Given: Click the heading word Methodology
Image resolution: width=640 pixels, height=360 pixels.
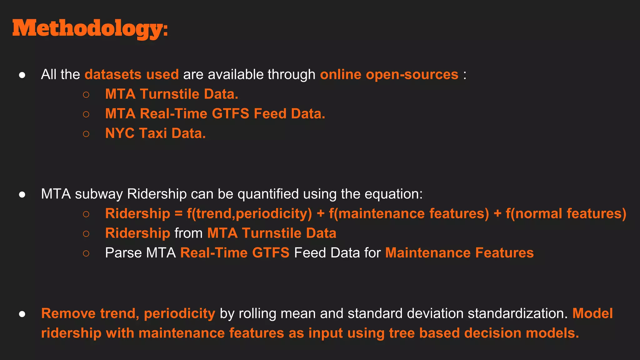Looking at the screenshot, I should [90, 29].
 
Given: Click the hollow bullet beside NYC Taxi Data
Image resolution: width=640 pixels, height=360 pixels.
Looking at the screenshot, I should [86, 134].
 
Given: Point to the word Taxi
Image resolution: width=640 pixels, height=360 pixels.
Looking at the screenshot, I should [153, 133].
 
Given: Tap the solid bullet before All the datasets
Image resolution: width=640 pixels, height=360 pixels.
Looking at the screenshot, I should [22, 75].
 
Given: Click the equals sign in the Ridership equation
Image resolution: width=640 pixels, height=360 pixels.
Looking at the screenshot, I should [178, 214].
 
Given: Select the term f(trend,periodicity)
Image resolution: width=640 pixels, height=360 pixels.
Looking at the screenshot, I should [249, 214].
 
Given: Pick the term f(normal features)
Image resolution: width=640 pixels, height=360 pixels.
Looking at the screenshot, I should [566, 214].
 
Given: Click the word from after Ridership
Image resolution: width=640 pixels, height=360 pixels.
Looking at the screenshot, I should [188, 233].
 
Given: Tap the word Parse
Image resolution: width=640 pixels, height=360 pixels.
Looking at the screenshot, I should [123, 253].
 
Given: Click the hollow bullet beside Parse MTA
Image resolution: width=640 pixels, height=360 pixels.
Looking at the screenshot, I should [86, 253].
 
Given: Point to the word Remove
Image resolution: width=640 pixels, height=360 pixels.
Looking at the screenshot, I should [68, 313].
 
